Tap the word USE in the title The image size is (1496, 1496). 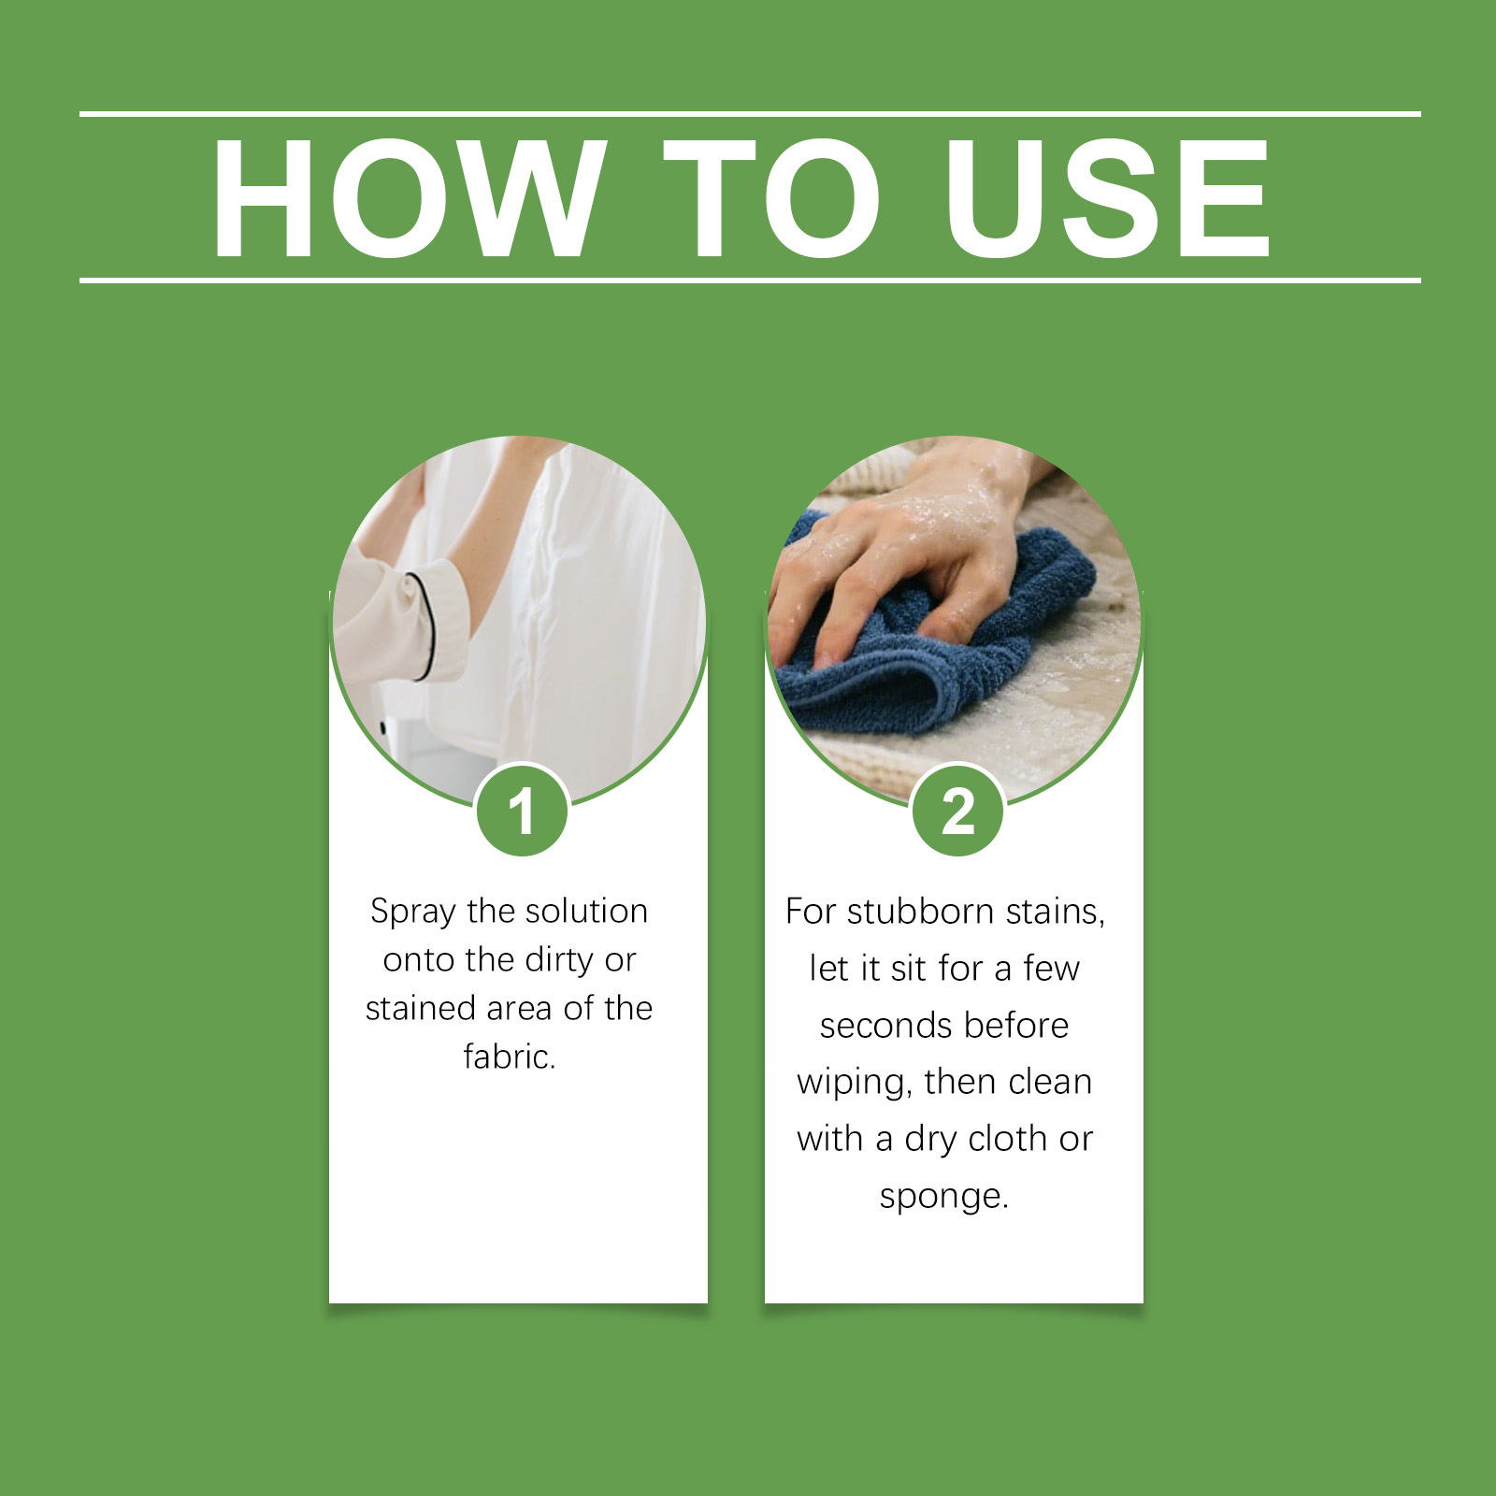coord(1108,198)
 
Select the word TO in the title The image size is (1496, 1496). coord(772,198)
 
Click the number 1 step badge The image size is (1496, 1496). coord(522,811)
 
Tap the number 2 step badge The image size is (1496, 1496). coord(957,811)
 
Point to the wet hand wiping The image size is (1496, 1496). coord(898,552)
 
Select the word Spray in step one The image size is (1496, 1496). coord(412,912)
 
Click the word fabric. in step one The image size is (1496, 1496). coord(510,1057)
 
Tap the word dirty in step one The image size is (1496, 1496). coord(559,960)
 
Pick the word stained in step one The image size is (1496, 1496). coord(419,1008)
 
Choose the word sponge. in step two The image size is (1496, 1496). coord(944,1197)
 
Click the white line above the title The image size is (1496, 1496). coord(750,114)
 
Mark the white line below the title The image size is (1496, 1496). coord(750,280)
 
